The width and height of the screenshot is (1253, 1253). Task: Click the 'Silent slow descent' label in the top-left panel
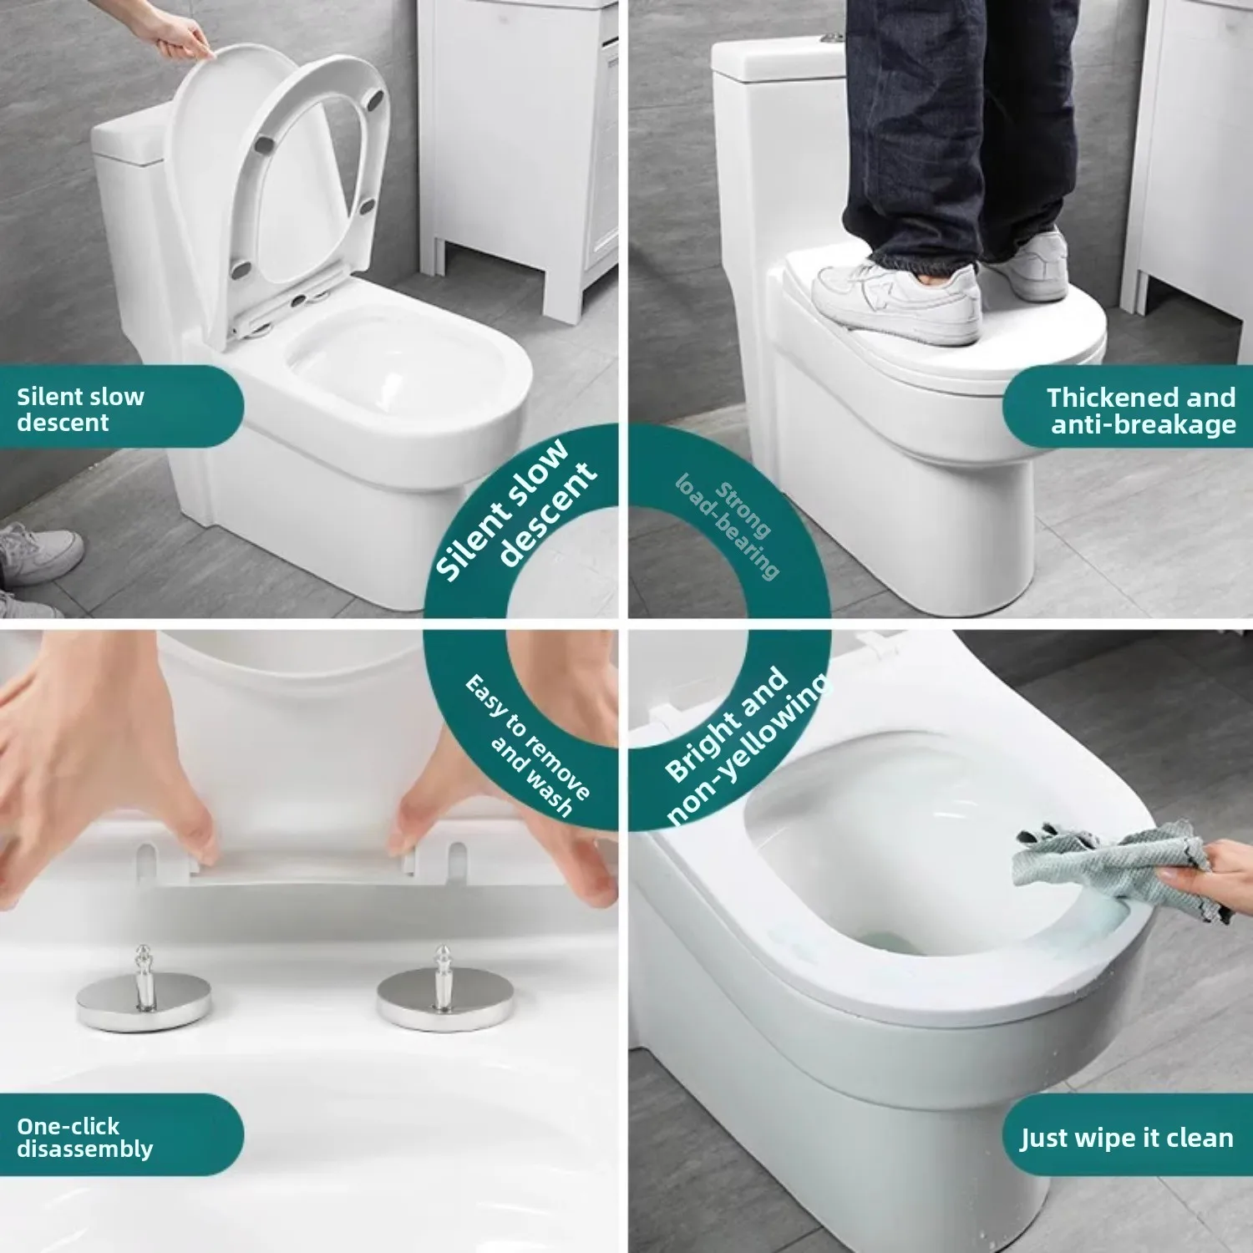81,408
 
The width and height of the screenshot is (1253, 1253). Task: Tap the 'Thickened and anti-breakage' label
1140,410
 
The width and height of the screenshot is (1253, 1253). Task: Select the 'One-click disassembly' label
84,1137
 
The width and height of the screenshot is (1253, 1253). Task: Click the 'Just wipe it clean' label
1126,1137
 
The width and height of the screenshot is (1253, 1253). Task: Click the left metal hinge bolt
143,994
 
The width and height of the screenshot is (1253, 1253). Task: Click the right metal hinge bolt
441,994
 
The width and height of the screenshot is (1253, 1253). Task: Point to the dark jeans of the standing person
961,125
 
